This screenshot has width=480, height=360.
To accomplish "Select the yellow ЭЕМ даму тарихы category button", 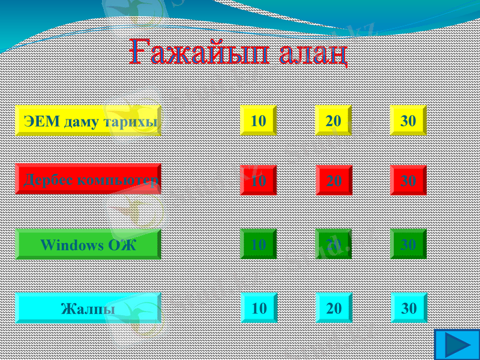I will tap(88, 121).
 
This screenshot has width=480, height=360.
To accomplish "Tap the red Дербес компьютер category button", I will tap(88, 179).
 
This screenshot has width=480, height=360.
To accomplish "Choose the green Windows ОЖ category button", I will tap(88, 244).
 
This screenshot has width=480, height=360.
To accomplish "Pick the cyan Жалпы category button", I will tap(88, 308).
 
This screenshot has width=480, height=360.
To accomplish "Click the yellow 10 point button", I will tap(258, 121).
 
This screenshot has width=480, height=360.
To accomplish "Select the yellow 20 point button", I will tap(334, 121).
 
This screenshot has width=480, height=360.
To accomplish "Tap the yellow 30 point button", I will tap(408, 121).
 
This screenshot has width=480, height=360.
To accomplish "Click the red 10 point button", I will tap(258, 180).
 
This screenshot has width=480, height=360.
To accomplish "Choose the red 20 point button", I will tap(334, 180).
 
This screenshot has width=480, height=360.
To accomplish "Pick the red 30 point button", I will tap(408, 180).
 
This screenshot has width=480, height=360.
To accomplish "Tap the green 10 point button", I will tap(258, 244).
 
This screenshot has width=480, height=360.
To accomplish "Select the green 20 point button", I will tap(334, 244).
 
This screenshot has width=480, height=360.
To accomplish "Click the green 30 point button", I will tap(408, 244).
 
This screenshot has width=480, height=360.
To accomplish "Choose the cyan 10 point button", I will tap(259, 308).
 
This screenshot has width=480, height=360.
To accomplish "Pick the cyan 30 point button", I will tap(409, 308).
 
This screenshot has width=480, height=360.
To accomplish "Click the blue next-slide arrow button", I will tap(456, 345).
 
